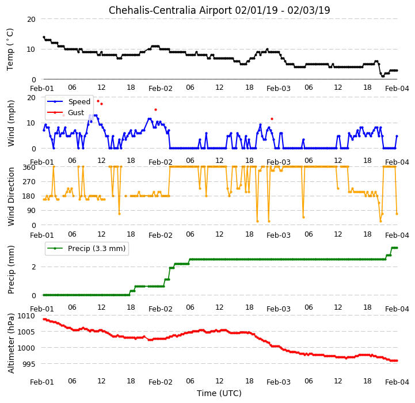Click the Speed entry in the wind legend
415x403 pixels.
click(x=79, y=102)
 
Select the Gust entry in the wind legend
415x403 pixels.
click(x=76, y=112)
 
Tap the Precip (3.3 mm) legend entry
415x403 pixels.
click(x=97, y=248)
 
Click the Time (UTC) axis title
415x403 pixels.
click(x=219, y=393)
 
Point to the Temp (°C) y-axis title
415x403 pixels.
click(x=10, y=50)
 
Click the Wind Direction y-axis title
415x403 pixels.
click(x=11, y=196)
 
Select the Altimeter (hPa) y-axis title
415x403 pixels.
click(x=11, y=343)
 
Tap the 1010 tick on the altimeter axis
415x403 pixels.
click(x=26, y=316)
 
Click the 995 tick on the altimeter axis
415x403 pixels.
click(x=29, y=364)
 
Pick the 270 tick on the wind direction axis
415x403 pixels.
click(x=29, y=182)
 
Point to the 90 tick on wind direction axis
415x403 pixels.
click(x=31, y=211)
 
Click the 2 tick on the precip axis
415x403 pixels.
click(x=33, y=267)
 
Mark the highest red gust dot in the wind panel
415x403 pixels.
click(x=98, y=101)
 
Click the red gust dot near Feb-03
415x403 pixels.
click(x=272, y=119)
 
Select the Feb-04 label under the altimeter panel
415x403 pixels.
click(x=397, y=382)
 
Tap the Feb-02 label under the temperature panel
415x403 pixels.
click(x=161, y=88)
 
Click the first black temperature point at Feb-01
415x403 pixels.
click(x=44, y=37)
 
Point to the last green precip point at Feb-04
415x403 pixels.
click(x=397, y=248)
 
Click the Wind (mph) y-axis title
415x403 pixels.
click(x=11, y=123)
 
